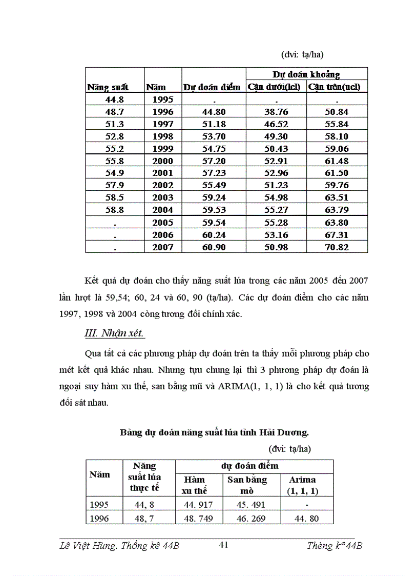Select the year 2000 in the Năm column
(163, 161)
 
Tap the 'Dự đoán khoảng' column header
(306, 74)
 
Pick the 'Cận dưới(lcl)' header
(274, 87)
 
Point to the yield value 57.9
(113, 185)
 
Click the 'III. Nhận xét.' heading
(114, 333)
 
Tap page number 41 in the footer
(223, 545)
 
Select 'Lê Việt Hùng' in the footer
(82, 546)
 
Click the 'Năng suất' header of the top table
(108, 88)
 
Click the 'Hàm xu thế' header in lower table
(194, 485)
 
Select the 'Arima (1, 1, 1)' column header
(302, 485)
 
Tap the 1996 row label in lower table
(99, 519)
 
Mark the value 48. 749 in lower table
(197, 519)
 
